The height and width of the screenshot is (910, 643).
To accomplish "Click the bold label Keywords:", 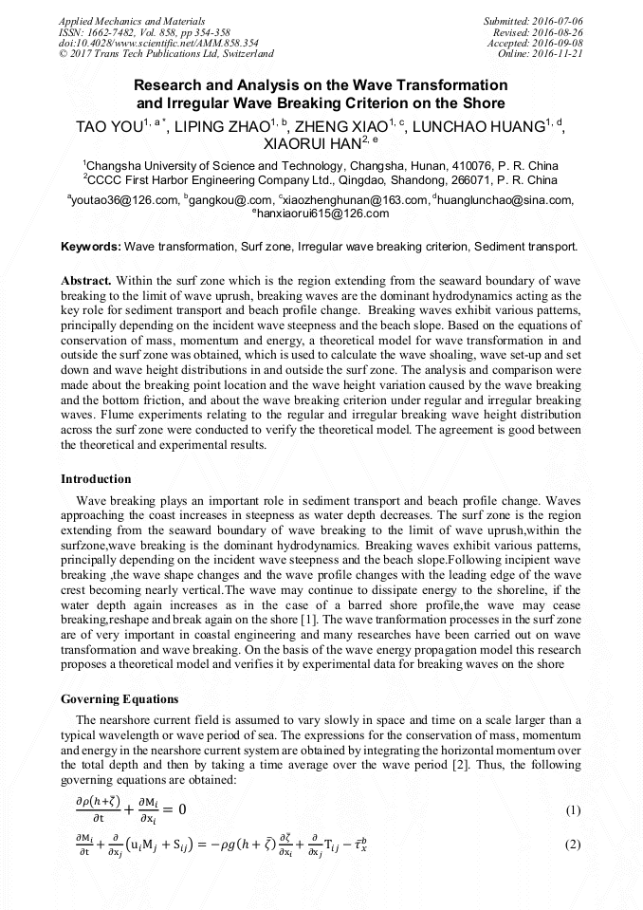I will (91, 247).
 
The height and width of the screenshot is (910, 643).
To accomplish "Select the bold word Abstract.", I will (86, 282).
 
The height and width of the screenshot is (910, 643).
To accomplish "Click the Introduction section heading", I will (96, 478).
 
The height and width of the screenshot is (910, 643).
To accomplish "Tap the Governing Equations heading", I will (119, 699).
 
